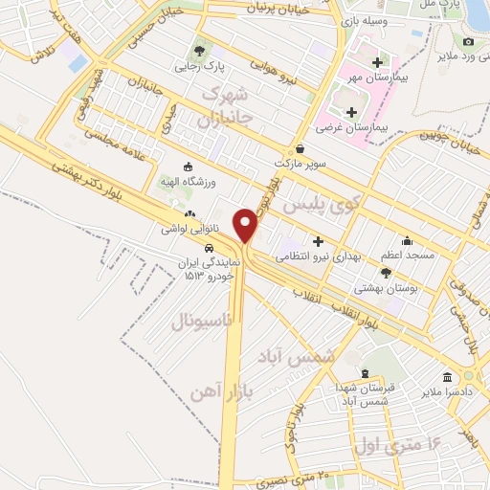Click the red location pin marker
247,225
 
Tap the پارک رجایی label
199,67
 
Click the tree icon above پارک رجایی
199,52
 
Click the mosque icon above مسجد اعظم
408,240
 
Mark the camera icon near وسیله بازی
468,42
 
